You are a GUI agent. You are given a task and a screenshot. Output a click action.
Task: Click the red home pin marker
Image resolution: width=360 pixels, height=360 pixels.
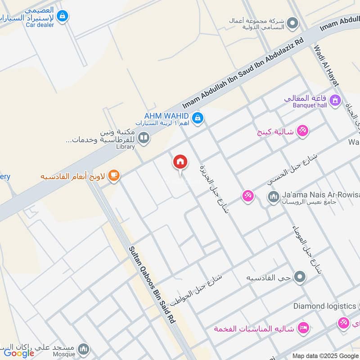tap(180, 162)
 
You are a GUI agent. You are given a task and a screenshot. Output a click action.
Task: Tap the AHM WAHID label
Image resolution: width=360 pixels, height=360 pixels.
tap(166, 116)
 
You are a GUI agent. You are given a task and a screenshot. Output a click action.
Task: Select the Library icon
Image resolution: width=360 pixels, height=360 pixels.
tap(144, 137)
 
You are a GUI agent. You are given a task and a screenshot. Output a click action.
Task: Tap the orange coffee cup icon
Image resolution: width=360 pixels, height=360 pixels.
tap(114, 175)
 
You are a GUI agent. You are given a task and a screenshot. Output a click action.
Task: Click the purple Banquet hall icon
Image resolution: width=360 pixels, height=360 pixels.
tap(335, 100)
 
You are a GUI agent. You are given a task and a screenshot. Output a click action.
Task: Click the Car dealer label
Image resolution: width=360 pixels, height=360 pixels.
tap(40, 25)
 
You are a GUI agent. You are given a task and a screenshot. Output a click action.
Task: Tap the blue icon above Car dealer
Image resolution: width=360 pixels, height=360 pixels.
tap(63, 16)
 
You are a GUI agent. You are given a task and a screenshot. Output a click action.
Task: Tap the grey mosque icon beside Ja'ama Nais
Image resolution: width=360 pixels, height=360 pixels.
tap(273, 197)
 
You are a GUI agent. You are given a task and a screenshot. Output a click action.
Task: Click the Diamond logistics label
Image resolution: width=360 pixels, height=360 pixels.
tap(324, 306)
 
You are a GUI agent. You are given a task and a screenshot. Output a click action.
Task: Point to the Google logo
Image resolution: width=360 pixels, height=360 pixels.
tap(19, 353)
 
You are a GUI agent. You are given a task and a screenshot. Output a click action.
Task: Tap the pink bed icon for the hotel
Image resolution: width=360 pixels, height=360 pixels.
tap(304, 328)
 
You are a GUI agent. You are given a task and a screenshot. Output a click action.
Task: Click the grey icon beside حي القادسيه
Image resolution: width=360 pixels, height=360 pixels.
tap(299, 277)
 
